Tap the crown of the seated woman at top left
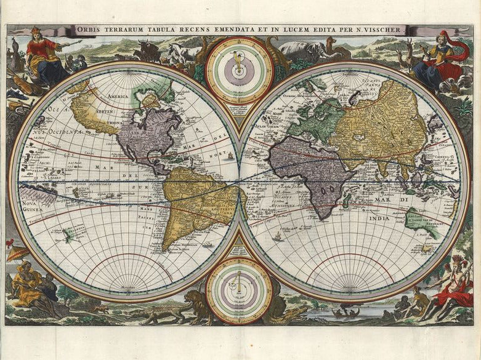coord(36,30)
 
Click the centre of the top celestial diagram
coord(239,70)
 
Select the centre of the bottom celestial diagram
coord(239,289)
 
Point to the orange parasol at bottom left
coord(18,252)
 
